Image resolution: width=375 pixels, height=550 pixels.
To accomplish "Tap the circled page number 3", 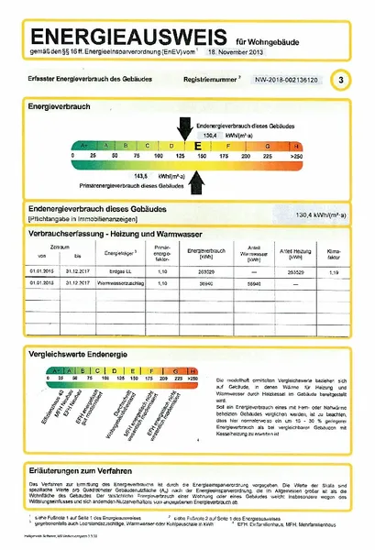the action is click(341, 81).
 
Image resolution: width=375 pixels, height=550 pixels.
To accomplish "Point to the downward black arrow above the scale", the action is click(186, 127).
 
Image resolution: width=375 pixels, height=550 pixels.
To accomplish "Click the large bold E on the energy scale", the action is click(196, 145).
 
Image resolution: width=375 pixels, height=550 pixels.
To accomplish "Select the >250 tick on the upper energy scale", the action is click(295, 157).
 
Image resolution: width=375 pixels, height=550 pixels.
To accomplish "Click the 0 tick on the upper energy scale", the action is click(72, 157).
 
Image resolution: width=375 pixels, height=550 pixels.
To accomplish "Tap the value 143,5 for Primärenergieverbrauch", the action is click(141, 174).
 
